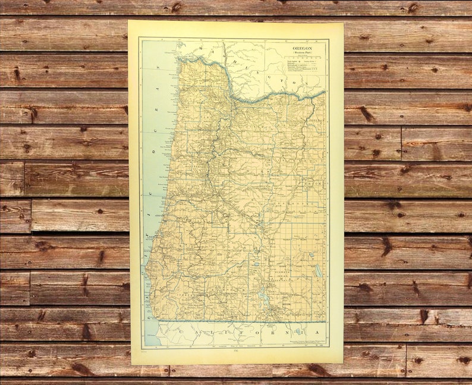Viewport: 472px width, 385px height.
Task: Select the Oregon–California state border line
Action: tap(238, 321)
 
